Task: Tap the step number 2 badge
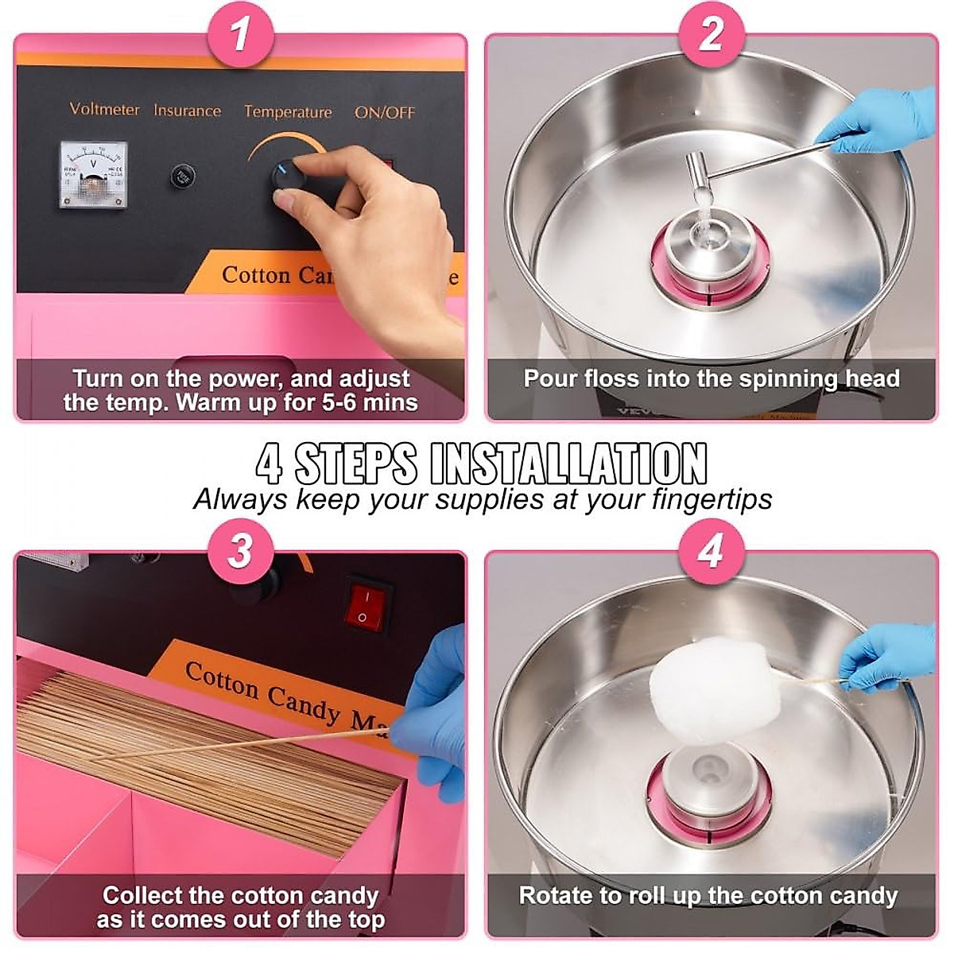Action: coord(712,35)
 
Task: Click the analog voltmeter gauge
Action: coord(94,174)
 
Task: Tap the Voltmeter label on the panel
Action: coord(104,109)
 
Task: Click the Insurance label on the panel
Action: coord(187,111)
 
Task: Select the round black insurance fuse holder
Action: coord(184,176)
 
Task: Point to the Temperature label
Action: coord(288,112)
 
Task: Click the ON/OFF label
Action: coord(385,113)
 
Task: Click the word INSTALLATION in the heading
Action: coord(568,463)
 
